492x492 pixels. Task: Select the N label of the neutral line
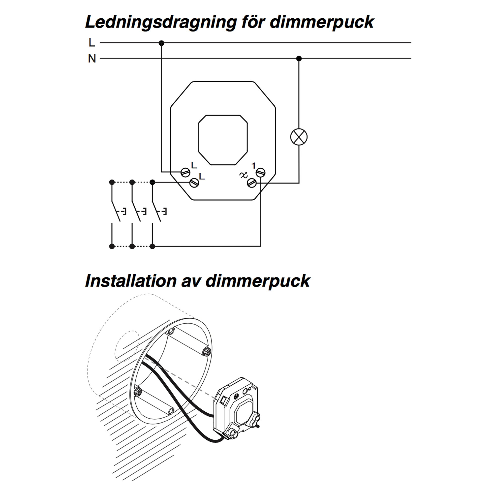click(x=92, y=59)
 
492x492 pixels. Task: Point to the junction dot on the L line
click(x=161, y=43)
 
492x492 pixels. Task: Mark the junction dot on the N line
click(x=299, y=59)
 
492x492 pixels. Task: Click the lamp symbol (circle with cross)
click(x=299, y=137)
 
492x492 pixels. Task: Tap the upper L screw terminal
click(x=185, y=172)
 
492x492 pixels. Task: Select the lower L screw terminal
click(x=194, y=183)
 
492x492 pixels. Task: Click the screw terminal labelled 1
click(x=261, y=172)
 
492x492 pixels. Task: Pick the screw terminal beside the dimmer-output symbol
click(x=252, y=183)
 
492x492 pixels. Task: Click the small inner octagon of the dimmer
click(x=223, y=140)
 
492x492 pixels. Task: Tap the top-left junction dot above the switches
click(x=112, y=182)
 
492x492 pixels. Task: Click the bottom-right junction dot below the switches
click(x=152, y=246)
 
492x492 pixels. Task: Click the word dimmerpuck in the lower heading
click(x=257, y=281)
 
